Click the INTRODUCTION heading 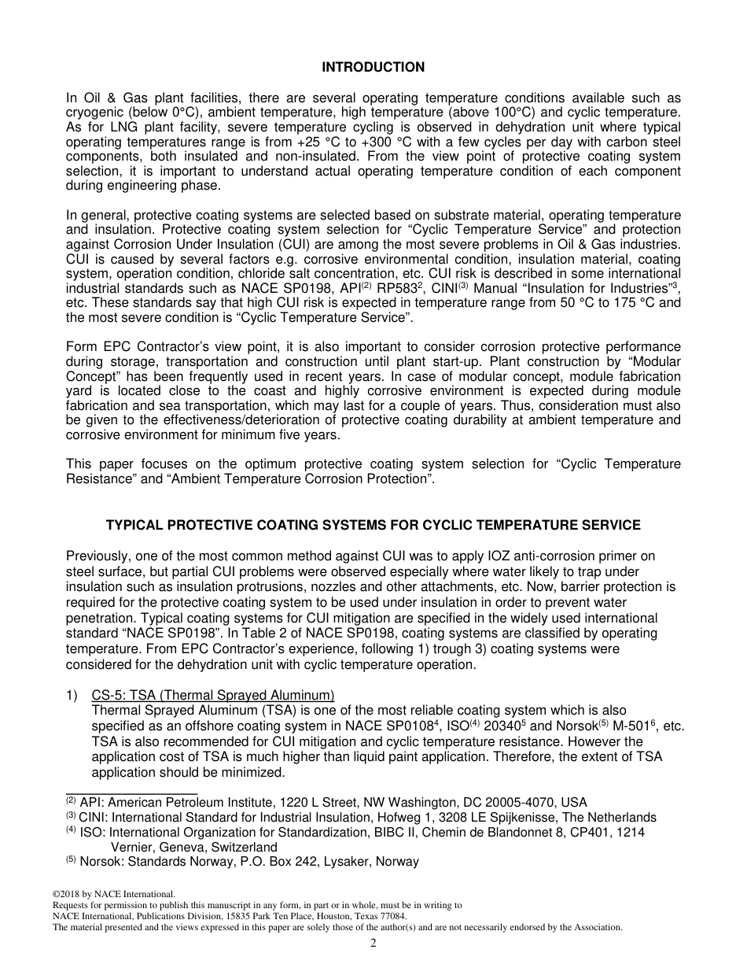coord(373,68)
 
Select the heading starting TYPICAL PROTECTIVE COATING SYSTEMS coord(373,525)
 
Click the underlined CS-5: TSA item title coord(213,695)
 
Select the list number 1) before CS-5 coord(72,695)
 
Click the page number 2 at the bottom coord(373,944)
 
